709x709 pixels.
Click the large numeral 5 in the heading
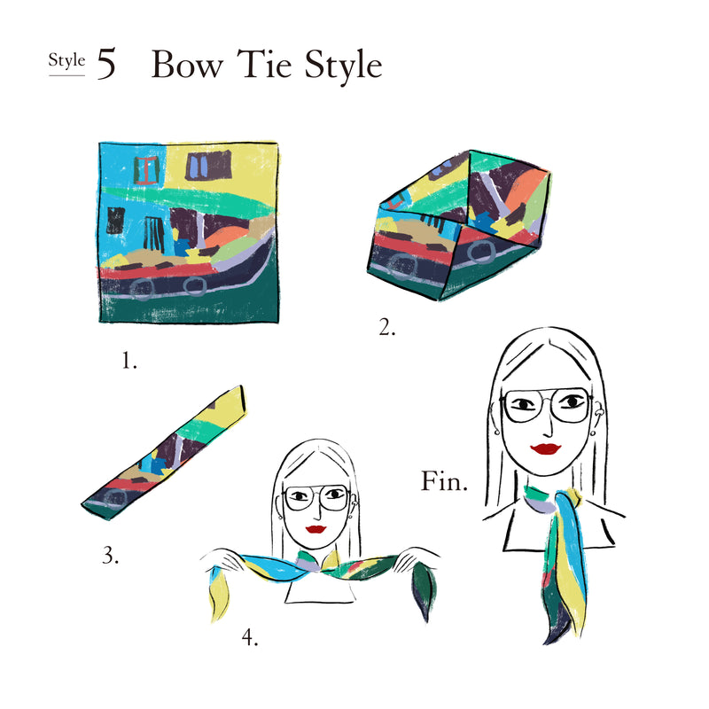pos(106,64)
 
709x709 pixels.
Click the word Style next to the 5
pos(66,60)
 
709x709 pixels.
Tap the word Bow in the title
pos(187,64)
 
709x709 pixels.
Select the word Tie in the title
pos(264,64)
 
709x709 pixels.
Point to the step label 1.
pos(129,361)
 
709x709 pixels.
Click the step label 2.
pos(386,327)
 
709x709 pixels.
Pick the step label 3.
pos(110,556)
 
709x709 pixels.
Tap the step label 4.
pos(250,637)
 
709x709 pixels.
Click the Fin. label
pos(444,481)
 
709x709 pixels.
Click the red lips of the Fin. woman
pos(546,448)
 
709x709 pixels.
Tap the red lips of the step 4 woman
pos(316,529)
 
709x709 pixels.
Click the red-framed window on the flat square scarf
pos(146,170)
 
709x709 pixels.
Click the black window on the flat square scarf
pos(115,220)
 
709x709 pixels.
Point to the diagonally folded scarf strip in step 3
pos(164,453)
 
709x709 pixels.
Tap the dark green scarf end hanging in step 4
pos(423,590)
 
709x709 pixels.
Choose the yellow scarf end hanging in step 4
pos(218,593)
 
